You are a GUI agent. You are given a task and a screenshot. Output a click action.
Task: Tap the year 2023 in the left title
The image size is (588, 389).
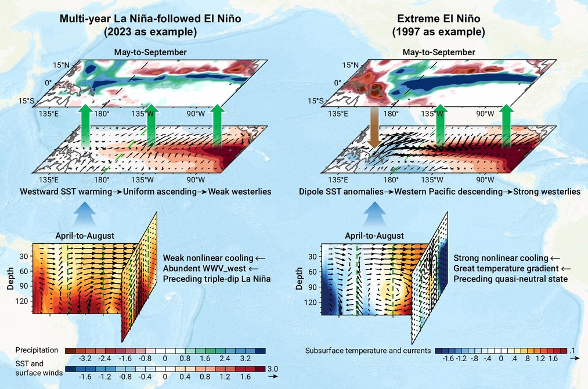(119, 32)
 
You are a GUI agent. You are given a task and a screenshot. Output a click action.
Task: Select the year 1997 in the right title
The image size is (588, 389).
(407, 32)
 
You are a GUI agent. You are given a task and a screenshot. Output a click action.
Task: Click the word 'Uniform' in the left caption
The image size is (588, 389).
(138, 192)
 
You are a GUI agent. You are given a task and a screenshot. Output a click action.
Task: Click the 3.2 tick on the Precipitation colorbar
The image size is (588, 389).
(246, 359)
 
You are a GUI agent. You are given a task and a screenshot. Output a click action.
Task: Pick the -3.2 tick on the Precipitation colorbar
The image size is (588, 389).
(85, 359)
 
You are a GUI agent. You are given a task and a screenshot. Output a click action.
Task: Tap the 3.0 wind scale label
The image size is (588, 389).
(272, 369)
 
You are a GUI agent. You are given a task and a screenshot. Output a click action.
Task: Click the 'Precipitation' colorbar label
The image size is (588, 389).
(37, 350)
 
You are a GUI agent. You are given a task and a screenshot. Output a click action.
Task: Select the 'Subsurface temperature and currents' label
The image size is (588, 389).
(368, 351)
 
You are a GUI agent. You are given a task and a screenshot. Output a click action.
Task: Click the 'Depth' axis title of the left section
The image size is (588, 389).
(10, 278)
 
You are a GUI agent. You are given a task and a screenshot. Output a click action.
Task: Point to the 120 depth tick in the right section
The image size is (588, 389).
(312, 302)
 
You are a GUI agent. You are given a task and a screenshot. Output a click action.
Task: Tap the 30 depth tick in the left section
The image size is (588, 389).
(24, 256)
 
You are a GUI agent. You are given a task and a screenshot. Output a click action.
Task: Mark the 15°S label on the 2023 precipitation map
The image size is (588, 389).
(26, 101)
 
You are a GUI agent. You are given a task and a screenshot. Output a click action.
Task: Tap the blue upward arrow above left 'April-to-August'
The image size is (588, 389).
(85, 213)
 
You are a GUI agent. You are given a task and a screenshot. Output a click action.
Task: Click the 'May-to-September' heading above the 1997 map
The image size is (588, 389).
(439, 52)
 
